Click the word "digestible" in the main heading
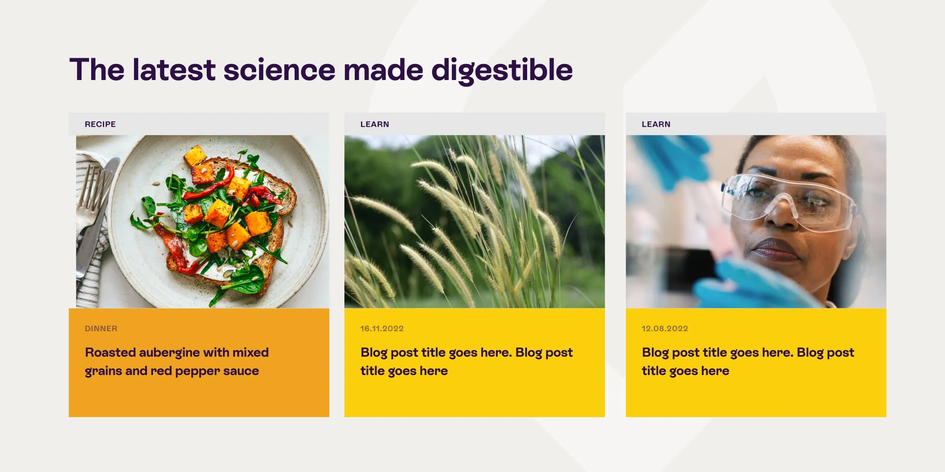(502, 70)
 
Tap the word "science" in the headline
(279, 70)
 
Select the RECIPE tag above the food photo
(100, 124)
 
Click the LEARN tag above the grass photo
(375, 124)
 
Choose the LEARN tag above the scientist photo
(656, 124)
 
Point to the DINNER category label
(101, 329)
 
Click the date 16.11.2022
(382, 329)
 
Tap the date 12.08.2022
(664, 329)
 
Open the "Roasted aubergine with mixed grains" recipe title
(176, 361)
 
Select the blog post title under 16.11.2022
(466, 361)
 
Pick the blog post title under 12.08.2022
(748, 361)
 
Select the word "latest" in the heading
(174, 70)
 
